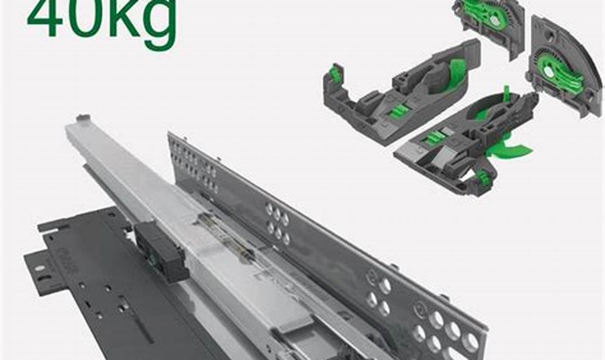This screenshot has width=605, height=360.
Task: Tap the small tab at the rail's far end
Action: (83, 117)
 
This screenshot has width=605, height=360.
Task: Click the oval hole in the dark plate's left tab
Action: (40, 268)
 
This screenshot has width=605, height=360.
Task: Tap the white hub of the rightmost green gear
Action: (549, 72)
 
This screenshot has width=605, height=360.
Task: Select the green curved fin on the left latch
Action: (456, 73)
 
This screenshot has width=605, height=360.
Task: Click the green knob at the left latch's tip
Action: (335, 73)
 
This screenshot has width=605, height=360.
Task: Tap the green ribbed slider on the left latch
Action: (399, 111)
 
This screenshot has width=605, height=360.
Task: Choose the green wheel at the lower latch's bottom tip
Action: (482, 178)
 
